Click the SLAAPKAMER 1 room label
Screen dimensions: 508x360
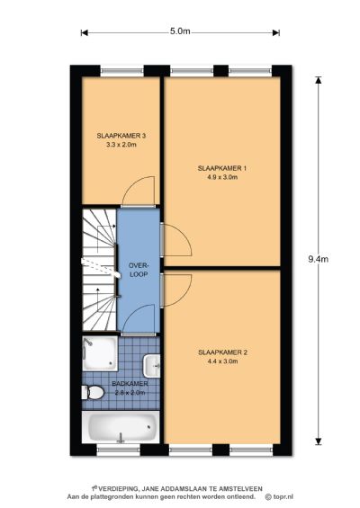point(221,168)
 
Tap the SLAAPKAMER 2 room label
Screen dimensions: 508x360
point(221,354)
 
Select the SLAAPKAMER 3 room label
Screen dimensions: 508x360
point(121,136)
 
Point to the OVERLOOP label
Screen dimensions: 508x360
point(138,270)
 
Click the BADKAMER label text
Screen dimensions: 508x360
point(131,383)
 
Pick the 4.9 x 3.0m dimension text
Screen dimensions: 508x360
point(221,177)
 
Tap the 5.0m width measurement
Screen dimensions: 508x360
point(180,31)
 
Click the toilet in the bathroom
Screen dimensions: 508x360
point(93,393)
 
